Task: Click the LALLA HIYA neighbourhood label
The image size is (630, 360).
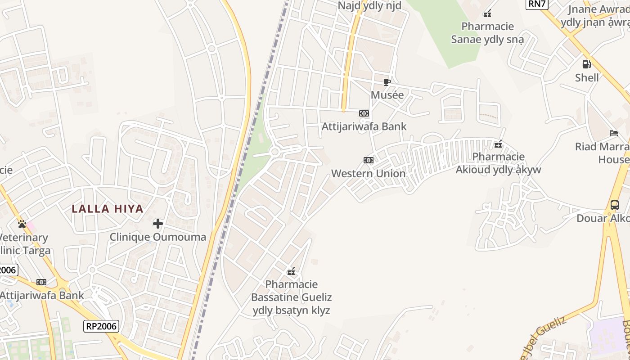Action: click(x=108, y=209)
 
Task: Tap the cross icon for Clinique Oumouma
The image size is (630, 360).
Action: click(x=158, y=223)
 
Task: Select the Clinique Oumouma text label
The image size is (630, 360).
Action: click(x=158, y=237)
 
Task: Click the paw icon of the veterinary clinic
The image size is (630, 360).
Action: click(x=22, y=224)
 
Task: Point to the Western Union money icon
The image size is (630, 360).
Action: click(x=368, y=160)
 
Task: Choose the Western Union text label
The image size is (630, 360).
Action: click(x=368, y=173)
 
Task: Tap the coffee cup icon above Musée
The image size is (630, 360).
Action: click(x=387, y=82)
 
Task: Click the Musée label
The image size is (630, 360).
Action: click(x=387, y=95)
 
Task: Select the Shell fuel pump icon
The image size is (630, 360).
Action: click(x=586, y=64)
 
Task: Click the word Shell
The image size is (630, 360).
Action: click(x=587, y=77)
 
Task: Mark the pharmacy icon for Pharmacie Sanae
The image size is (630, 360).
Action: click(x=487, y=13)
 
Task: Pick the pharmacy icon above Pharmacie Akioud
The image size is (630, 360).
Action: click(x=498, y=144)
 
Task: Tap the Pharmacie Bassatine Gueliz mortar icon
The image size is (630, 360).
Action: click(x=291, y=271)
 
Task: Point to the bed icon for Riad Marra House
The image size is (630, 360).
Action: click(x=614, y=133)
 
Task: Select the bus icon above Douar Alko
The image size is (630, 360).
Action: click(x=614, y=205)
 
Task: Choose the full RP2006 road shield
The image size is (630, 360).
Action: click(x=101, y=326)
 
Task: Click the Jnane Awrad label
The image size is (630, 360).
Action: click(x=598, y=9)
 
